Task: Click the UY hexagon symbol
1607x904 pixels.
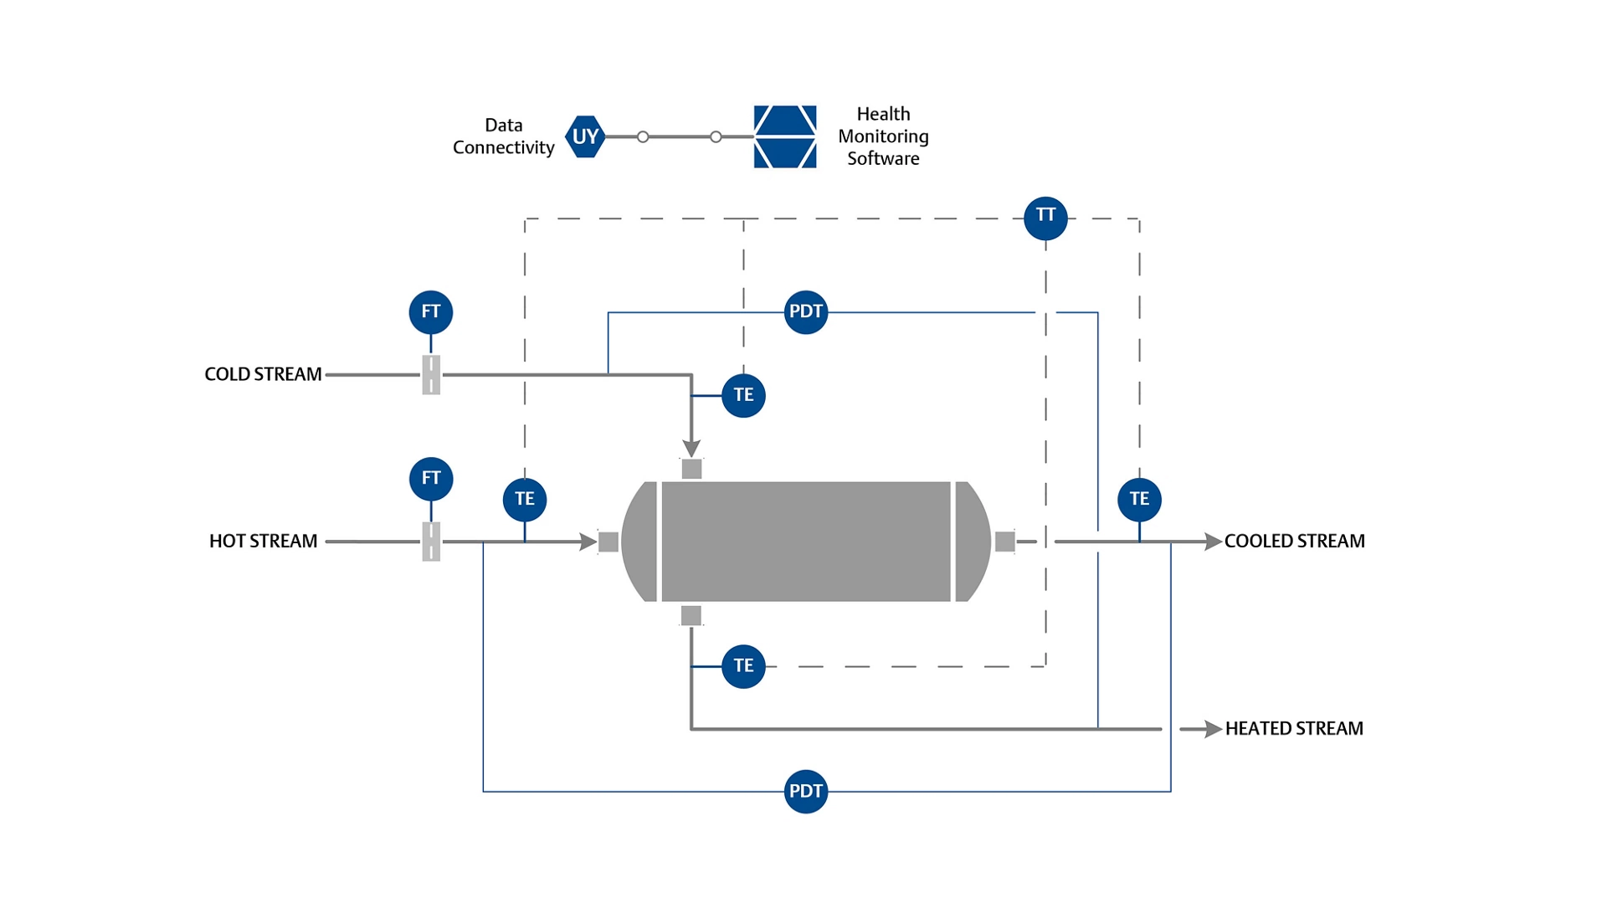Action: pos(585,136)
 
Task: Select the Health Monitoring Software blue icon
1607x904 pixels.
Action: pos(784,136)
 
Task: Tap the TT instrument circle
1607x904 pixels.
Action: pos(1045,218)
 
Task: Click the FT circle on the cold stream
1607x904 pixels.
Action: pos(431,312)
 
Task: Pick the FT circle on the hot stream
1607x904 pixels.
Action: pos(431,479)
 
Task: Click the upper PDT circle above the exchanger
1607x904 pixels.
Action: pos(805,312)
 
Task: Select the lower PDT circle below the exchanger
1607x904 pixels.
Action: pos(805,791)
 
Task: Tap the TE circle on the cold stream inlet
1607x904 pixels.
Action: pos(743,395)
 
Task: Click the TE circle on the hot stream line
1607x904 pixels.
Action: pos(525,500)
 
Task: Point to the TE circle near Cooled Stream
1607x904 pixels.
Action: pos(1139,500)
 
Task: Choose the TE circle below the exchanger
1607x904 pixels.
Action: pos(743,666)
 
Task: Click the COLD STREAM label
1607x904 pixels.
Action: pos(263,374)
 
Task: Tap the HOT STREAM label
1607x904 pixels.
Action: pos(263,542)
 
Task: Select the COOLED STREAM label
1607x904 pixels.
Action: pos(1294,542)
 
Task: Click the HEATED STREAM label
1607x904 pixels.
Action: pos(1294,729)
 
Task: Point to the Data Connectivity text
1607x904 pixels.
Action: pos(503,136)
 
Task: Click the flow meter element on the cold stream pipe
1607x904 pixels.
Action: pos(431,374)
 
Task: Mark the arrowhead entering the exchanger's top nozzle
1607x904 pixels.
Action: pos(691,448)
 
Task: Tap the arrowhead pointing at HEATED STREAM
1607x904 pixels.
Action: pos(1213,729)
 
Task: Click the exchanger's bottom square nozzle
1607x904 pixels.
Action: pos(691,616)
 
